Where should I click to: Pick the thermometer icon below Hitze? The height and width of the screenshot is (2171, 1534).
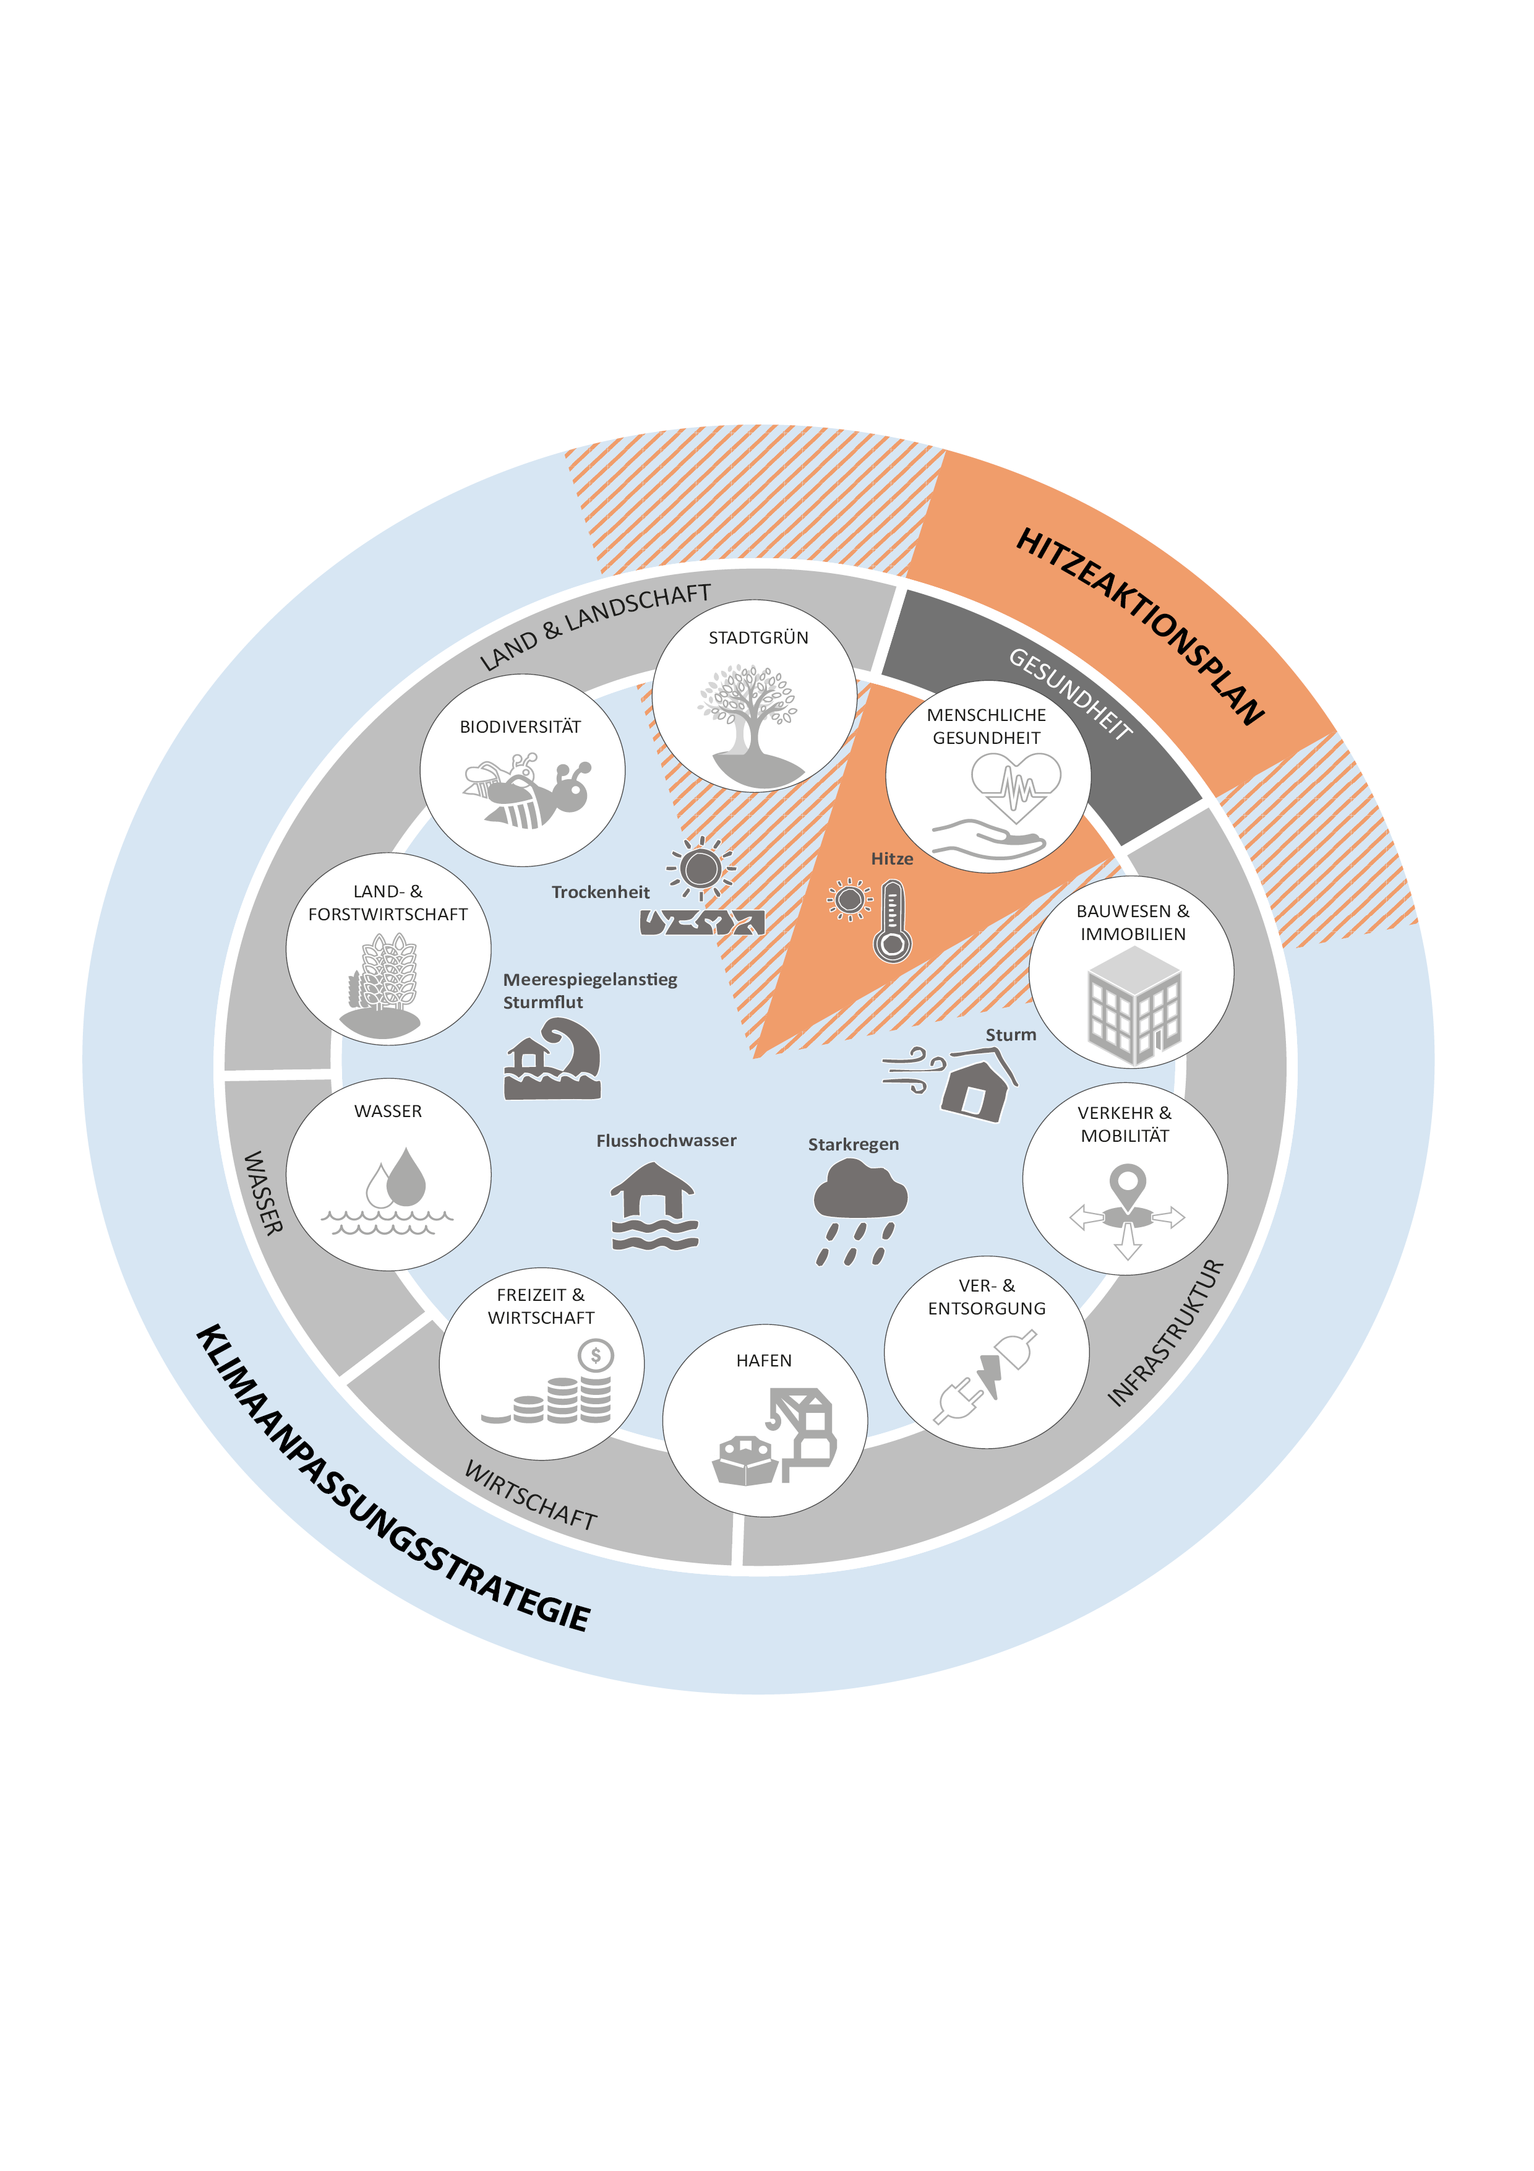pos(892,921)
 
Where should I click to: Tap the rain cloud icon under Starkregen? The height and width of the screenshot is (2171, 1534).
pos(859,1211)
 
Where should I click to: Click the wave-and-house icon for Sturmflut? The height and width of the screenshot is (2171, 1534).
pos(553,1059)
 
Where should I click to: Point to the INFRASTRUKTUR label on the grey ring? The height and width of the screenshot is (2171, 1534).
pos(1165,1332)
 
